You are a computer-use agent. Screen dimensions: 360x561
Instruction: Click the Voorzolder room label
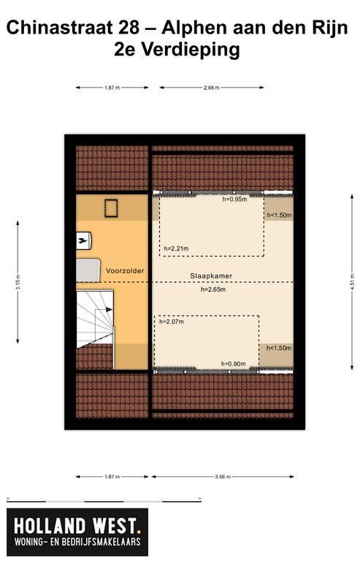point(125,271)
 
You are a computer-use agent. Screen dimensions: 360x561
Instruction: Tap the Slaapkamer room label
point(211,276)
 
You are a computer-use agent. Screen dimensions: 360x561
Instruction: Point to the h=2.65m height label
point(213,289)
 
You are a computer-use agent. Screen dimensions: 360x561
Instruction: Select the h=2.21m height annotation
point(176,248)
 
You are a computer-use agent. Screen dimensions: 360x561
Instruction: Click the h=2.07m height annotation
point(172,321)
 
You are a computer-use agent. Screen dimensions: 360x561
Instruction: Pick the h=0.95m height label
point(234,199)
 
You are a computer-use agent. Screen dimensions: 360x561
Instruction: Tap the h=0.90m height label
point(234,364)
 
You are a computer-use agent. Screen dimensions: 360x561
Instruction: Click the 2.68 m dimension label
point(212,88)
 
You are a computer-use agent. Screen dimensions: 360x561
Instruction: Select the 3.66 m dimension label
point(223,477)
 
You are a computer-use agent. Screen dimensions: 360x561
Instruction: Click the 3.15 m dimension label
point(18,283)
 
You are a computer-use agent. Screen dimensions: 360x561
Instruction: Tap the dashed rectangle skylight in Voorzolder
point(111,208)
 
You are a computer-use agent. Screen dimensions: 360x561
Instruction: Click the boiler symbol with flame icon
point(84,241)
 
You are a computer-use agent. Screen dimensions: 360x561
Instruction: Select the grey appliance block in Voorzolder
point(88,270)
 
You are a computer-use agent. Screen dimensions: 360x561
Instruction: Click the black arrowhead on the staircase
point(109,310)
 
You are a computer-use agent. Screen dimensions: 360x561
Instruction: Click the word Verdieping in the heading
point(191,50)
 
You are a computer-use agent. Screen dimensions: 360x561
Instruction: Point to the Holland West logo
point(77,533)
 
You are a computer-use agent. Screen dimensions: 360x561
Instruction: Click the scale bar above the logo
point(104,500)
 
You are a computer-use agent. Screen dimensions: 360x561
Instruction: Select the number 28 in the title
point(129,28)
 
